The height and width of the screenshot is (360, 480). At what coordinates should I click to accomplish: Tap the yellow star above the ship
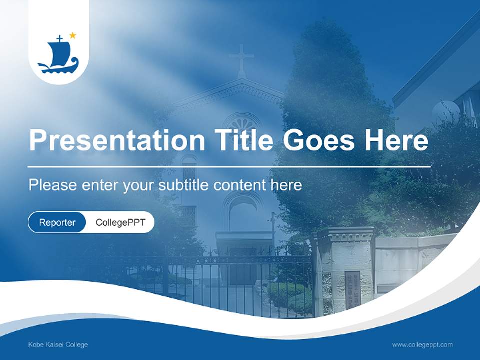click(x=73, y=35)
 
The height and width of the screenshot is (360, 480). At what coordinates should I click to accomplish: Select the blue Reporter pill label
click(x=57, y=222)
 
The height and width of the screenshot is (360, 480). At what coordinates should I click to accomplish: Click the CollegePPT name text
click(x=120, y=222)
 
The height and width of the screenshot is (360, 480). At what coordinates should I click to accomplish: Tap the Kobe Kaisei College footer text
click(x=58, y=345)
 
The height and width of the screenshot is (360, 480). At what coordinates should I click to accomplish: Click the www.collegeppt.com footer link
click(x=422, y=345)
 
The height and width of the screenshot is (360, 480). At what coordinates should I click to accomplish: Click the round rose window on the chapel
click(x=242, y=122)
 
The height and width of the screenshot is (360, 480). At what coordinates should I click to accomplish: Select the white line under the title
click(x=229, y=166)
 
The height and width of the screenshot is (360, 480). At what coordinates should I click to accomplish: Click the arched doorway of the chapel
click(x=243, y=212)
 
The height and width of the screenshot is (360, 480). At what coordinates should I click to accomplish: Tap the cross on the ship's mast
click(x=59, y=38)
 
